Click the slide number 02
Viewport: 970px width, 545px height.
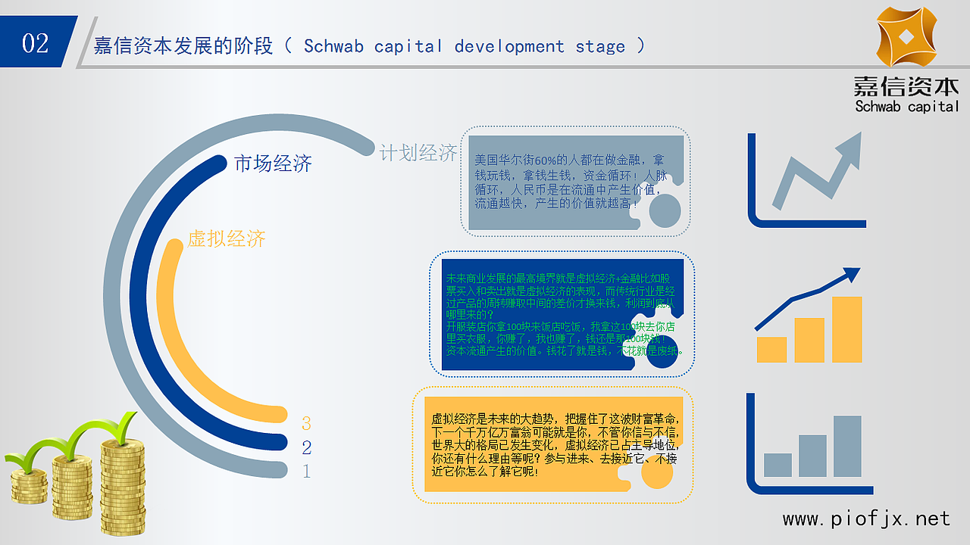tap(35, 43)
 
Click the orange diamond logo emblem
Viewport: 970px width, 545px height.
tap(906, 37)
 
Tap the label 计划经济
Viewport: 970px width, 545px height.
tap(418, 153)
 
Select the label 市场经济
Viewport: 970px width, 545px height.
tap(273, 163)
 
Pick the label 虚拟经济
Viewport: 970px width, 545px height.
tap(227, 239)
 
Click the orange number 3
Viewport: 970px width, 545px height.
tap(306, 423)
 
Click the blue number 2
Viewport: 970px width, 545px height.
tap(306, 447)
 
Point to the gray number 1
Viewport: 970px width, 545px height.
tap(306, 471)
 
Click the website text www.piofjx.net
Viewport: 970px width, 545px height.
tap(866, 519)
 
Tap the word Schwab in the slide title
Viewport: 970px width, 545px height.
tap(333, 46)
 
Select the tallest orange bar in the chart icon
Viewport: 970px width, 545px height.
tap(846, 329)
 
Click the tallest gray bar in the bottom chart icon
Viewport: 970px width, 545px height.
tap(847, 446)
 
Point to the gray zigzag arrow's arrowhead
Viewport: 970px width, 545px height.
tap(850, 144)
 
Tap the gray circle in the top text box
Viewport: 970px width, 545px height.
tap(665, 210)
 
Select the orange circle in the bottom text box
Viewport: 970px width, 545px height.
tap(657, 472)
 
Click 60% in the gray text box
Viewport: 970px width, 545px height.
tap(546, 160)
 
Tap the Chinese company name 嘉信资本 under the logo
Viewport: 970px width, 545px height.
tap(906, 86)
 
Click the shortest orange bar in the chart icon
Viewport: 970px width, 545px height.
tap(771, 349)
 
